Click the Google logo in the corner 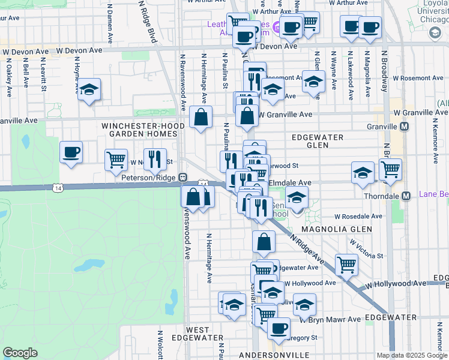coord(20,353)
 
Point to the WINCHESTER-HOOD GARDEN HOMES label coord(139,130)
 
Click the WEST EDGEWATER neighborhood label coord(197,335)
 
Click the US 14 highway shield coord(57,188)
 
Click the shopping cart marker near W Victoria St coord(346,264)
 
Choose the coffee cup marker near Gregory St coord(278,328)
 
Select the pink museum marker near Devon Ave coord(276,27)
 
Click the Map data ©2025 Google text coord(412,355)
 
